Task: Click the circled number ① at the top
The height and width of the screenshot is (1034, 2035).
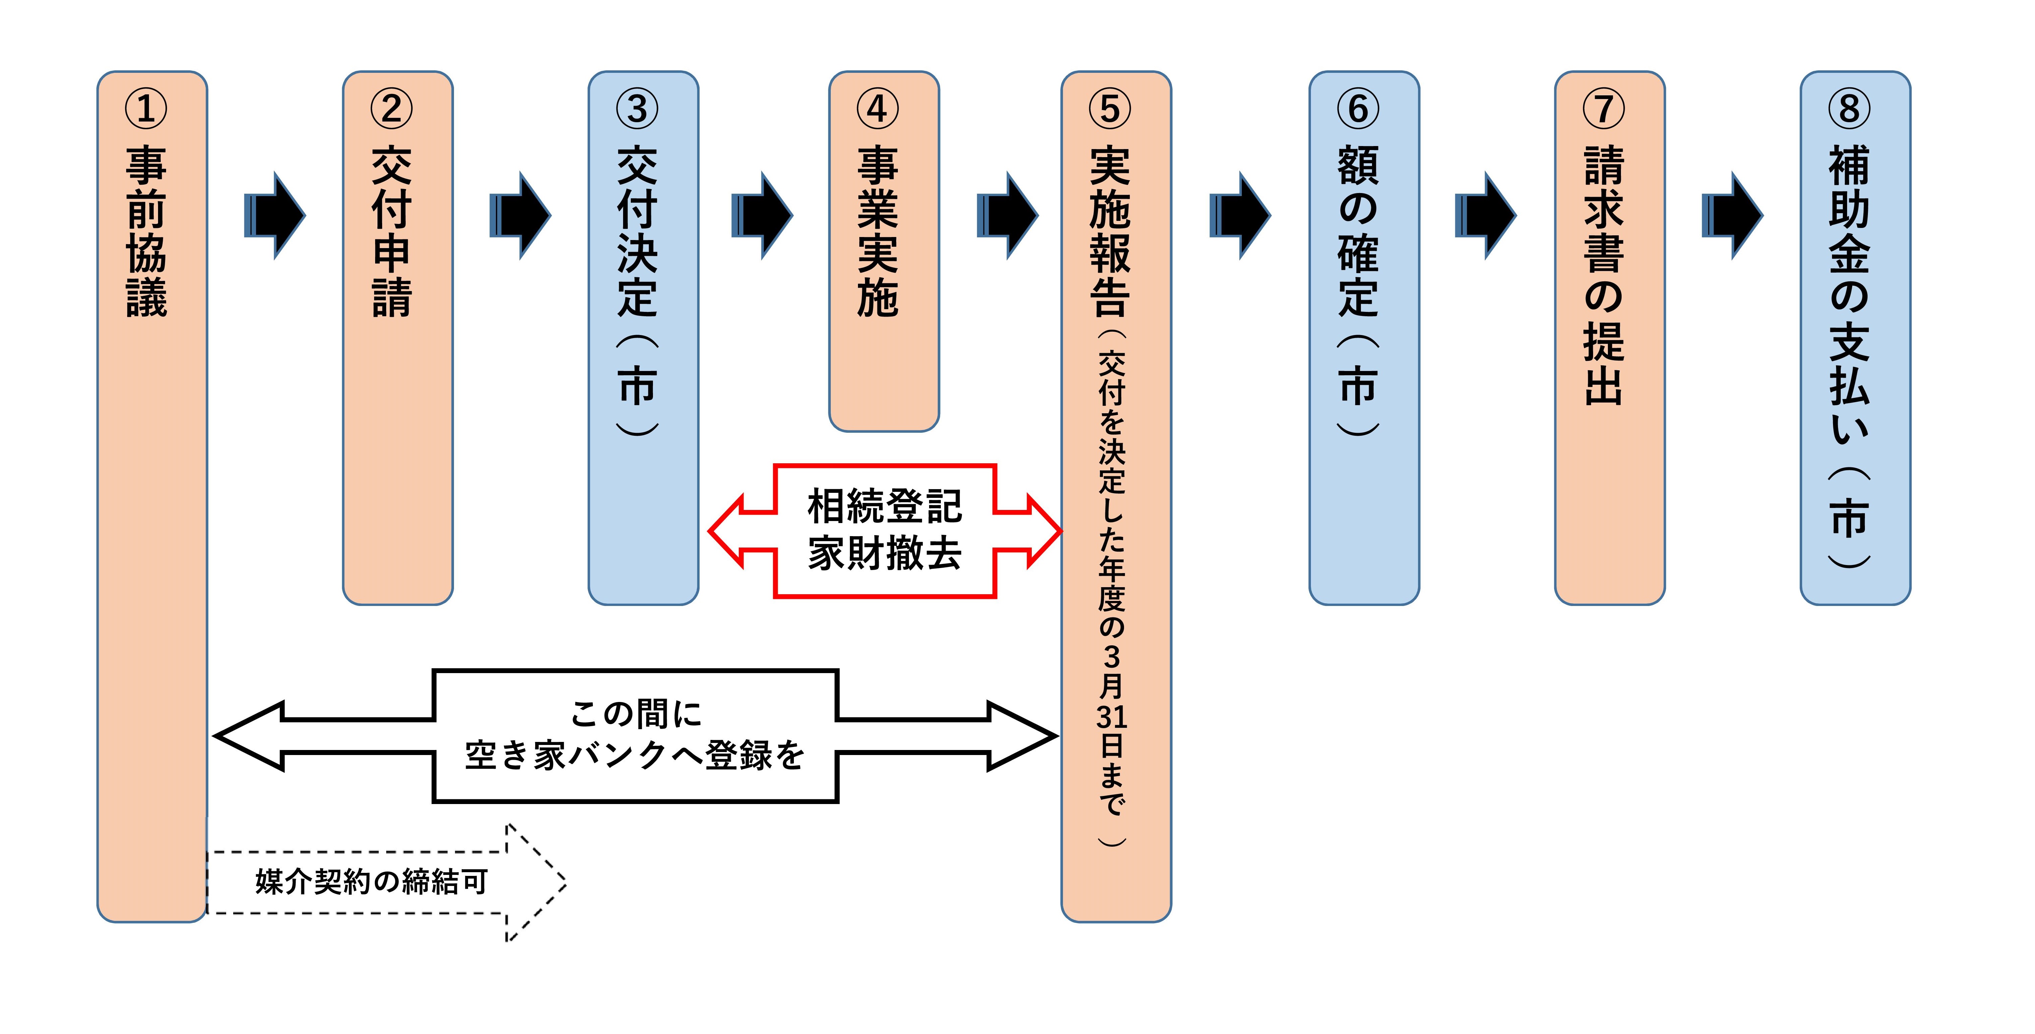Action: (x=146, y=109)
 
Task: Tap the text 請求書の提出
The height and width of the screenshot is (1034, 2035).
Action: (x=1604, y=275)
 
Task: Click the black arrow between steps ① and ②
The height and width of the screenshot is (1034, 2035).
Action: (x=275, y=215)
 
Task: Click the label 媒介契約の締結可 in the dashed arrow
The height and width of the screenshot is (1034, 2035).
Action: (x=371, y=882)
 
